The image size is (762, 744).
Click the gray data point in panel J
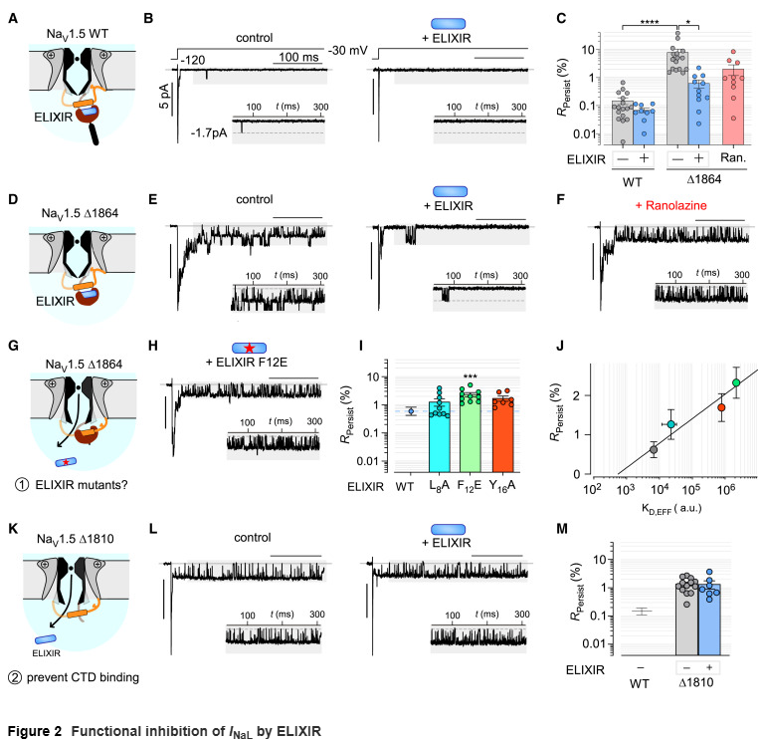[x=653, y=450]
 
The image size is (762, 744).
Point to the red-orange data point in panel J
[x=722, y=407]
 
